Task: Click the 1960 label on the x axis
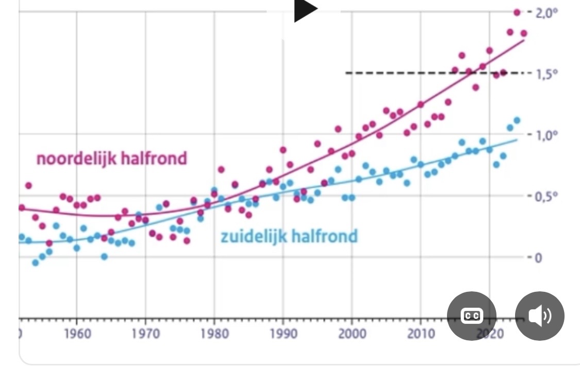77,334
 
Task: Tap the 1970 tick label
146,334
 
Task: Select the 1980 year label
214,334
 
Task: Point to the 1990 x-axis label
283,334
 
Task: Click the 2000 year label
352,334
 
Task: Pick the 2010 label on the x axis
421,334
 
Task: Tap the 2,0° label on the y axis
547,12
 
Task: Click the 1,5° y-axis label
547,74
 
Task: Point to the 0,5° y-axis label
547,196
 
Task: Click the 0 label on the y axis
539,257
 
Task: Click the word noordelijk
76,159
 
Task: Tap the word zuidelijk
254,237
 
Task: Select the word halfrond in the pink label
154,159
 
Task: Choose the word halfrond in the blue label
324,237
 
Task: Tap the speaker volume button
539,316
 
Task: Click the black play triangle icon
306,10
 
